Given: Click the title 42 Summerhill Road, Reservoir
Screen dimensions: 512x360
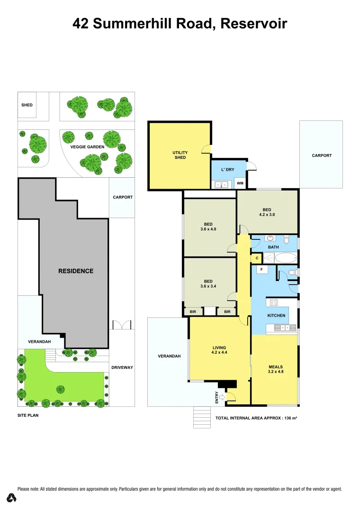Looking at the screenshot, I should [180, 23].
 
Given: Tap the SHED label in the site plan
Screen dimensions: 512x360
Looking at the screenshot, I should [27, 105].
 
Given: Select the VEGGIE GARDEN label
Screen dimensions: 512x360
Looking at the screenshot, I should [87, 147].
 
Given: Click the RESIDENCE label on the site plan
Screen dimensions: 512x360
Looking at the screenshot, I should [76, 271].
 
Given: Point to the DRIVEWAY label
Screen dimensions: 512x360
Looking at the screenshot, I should [122, 367].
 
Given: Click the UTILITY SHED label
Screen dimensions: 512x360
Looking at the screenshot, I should [180, 155].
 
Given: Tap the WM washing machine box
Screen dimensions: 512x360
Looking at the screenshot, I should [240, 183].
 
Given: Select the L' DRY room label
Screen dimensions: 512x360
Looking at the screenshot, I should [228, 169].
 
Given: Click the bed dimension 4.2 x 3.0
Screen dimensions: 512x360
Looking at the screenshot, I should [267, 215].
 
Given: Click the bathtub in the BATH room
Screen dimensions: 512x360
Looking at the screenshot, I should [285, 258].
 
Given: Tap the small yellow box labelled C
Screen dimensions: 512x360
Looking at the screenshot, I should [256, 258].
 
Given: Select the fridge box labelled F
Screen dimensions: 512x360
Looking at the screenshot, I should [260, 269].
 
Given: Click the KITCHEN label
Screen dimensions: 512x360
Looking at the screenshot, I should [277, 315].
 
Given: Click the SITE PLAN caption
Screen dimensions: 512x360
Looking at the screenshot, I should [27, 415].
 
